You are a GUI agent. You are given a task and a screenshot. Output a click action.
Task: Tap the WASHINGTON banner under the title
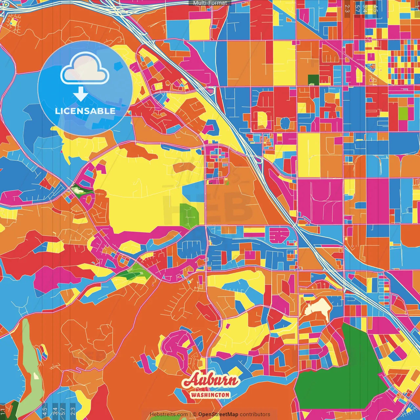pyautogui.click(x=210, y=395)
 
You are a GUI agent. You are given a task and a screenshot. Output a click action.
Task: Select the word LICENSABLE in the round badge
pyautogui.click(x=85, y=111)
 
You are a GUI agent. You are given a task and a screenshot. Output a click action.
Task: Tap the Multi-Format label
pyautogui.click(x=210, y=3)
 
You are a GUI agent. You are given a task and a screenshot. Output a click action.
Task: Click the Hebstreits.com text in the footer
pyautogui.click(x=169, y=414)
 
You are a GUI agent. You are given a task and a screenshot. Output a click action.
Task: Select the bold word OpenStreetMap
pyautogui.click(x=218, y=414)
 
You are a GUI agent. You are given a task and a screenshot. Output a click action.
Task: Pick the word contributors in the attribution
pyautogui.click(x=255, y=414)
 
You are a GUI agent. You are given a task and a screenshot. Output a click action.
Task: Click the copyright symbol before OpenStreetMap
pyautogui.click(x=195, y=414)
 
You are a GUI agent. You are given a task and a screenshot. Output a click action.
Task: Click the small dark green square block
pyautogui.click(x=313, y=79)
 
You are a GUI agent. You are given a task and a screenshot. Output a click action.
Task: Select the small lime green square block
pyautogui.click(x=403, y=114)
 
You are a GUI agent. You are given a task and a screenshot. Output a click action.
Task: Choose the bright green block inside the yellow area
pyautogui.click(x=190, y=215)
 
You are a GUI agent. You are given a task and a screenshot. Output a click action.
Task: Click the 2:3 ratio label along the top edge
pyautogui.click(x=347, y=8)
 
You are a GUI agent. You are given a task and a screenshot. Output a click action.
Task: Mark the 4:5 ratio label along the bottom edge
pyautogui.click(x=45, y=411)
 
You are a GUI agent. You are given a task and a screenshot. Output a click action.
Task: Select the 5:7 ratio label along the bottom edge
pyautogui.click(x=63, y=411)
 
